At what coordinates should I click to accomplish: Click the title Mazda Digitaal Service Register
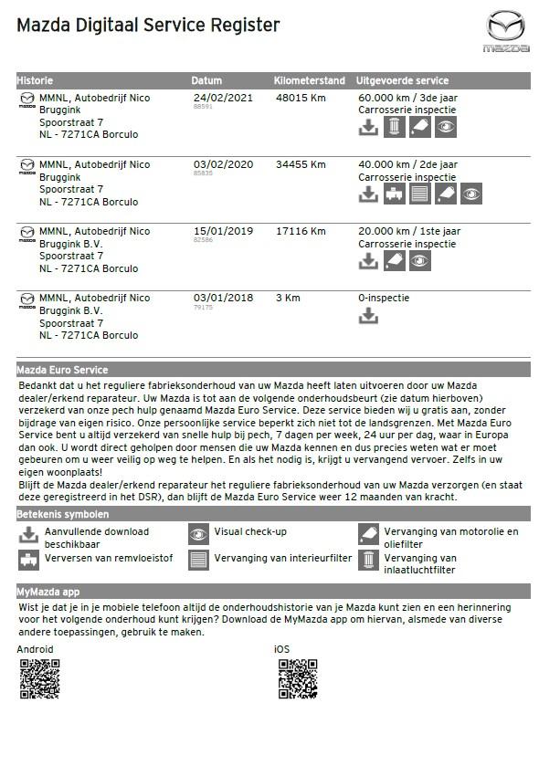(148, 26)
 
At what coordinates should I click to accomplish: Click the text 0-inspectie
(384, 298)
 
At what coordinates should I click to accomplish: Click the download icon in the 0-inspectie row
(368, 316)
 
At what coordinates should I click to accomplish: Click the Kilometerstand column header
(310, 80)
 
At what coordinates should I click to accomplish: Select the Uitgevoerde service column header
(402, 80)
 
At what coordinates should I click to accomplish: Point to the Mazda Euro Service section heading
(62, 370)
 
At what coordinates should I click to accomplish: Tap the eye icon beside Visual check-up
(198, 534)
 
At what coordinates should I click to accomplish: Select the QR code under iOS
(297, 677)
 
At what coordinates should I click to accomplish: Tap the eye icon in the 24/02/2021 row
(445, 127)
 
